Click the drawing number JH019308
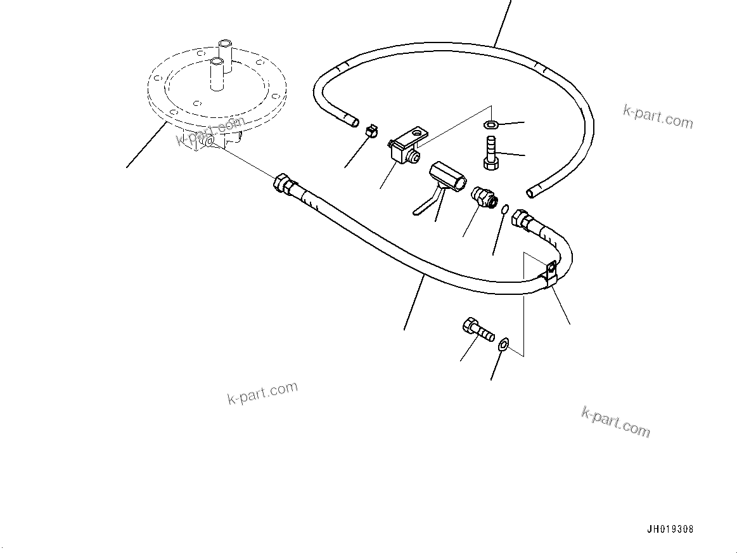point(670,529)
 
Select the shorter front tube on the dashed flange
point(217,74)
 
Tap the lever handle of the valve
point(425,205)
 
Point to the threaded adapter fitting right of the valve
point(485,197)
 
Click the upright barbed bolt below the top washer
point(491,152)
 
